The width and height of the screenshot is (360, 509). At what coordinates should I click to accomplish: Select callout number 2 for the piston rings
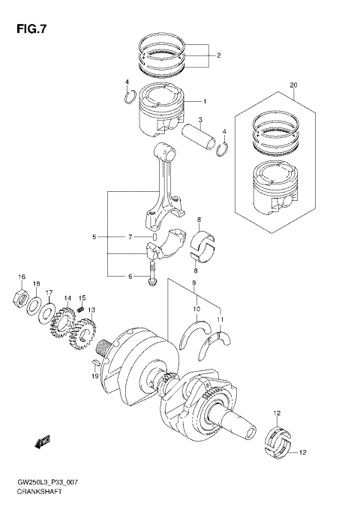(x=218, y=55)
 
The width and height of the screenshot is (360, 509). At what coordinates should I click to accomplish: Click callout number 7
(x=129, y=237)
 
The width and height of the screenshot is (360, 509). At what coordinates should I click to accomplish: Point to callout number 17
(x=49, y=293)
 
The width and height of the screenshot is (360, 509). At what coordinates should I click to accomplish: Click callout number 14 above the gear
(x=68, y=298)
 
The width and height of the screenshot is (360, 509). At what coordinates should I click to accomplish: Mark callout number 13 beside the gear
(x=91, y=310)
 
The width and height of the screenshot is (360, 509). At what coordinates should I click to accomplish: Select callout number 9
(x=193, y=283)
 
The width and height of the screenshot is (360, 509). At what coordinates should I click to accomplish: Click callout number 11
(x=220, y=320)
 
